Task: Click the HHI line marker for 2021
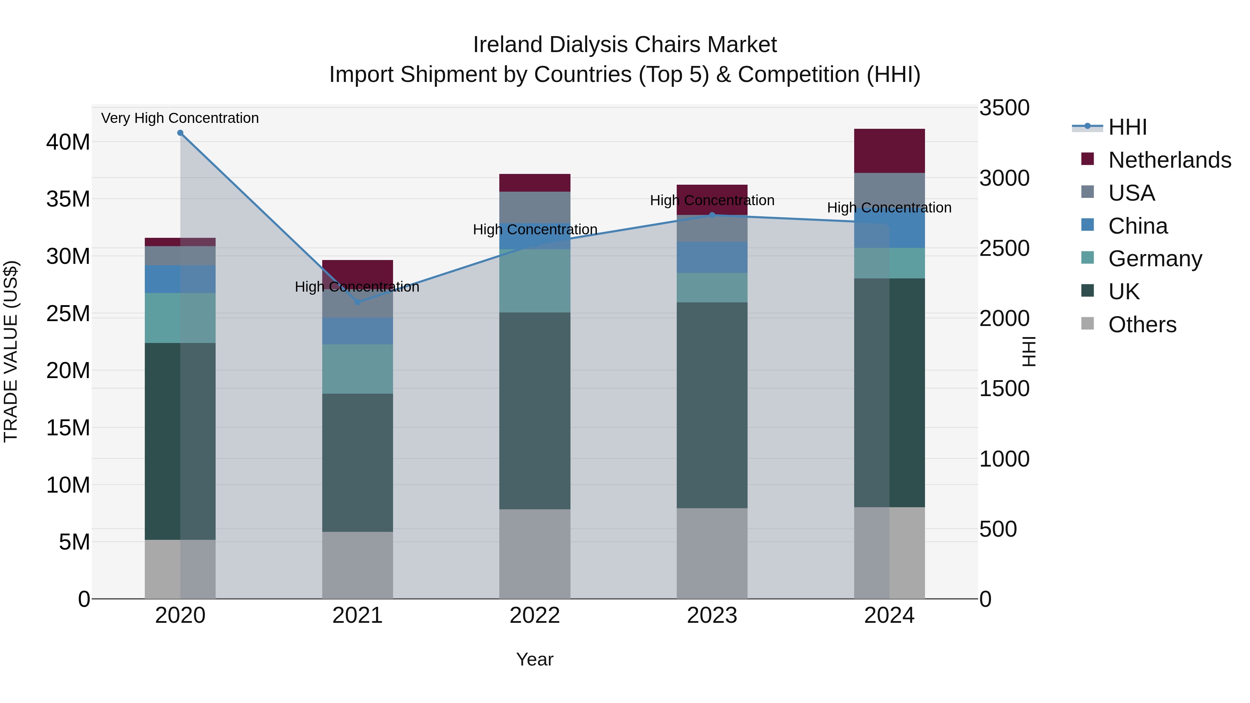tap(358, 302)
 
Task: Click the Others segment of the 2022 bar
tap(535, 554)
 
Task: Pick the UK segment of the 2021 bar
tap(358, 462)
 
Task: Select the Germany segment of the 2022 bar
tap(535, 281)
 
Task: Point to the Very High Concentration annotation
tap(180, 118)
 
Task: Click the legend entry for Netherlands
tap(1169, 160)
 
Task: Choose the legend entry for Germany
tap(1155, 259)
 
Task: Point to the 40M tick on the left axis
tap(68, 142)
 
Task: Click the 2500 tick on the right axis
tap(1004, 249)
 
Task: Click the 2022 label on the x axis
tap(535, 616)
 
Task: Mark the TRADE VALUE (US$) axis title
tap(11, 351)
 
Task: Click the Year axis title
tap(535, 659)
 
